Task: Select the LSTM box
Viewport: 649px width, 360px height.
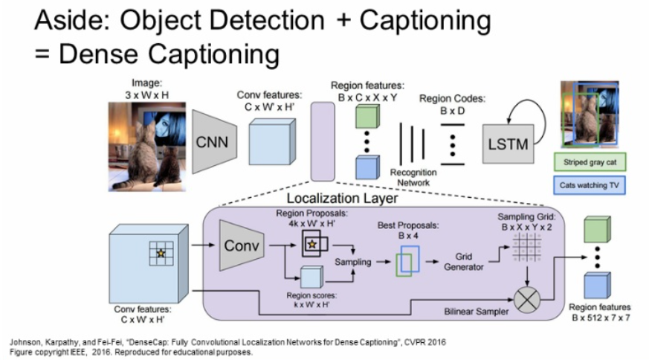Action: [x=509, y=144]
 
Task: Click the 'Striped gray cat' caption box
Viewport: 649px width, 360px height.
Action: [x=589, y=161]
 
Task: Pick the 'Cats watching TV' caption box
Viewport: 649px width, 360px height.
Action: [x=589, y=184]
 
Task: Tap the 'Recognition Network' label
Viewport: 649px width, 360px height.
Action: [x=413, y=177]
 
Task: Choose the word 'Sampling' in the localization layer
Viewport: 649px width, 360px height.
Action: [x=352, y=262]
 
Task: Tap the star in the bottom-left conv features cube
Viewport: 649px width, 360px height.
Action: [x=160, y=254]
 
